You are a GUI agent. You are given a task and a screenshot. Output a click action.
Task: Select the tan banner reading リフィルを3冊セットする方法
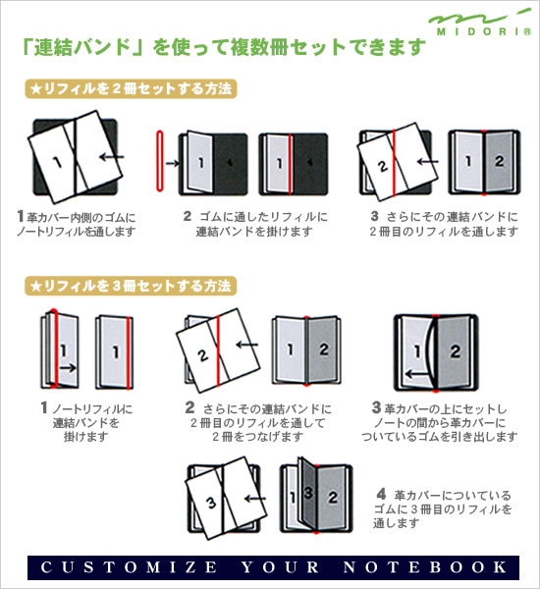tap(132, 287)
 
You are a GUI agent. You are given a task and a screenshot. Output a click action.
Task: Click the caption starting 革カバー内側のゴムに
tap(77, 224)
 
